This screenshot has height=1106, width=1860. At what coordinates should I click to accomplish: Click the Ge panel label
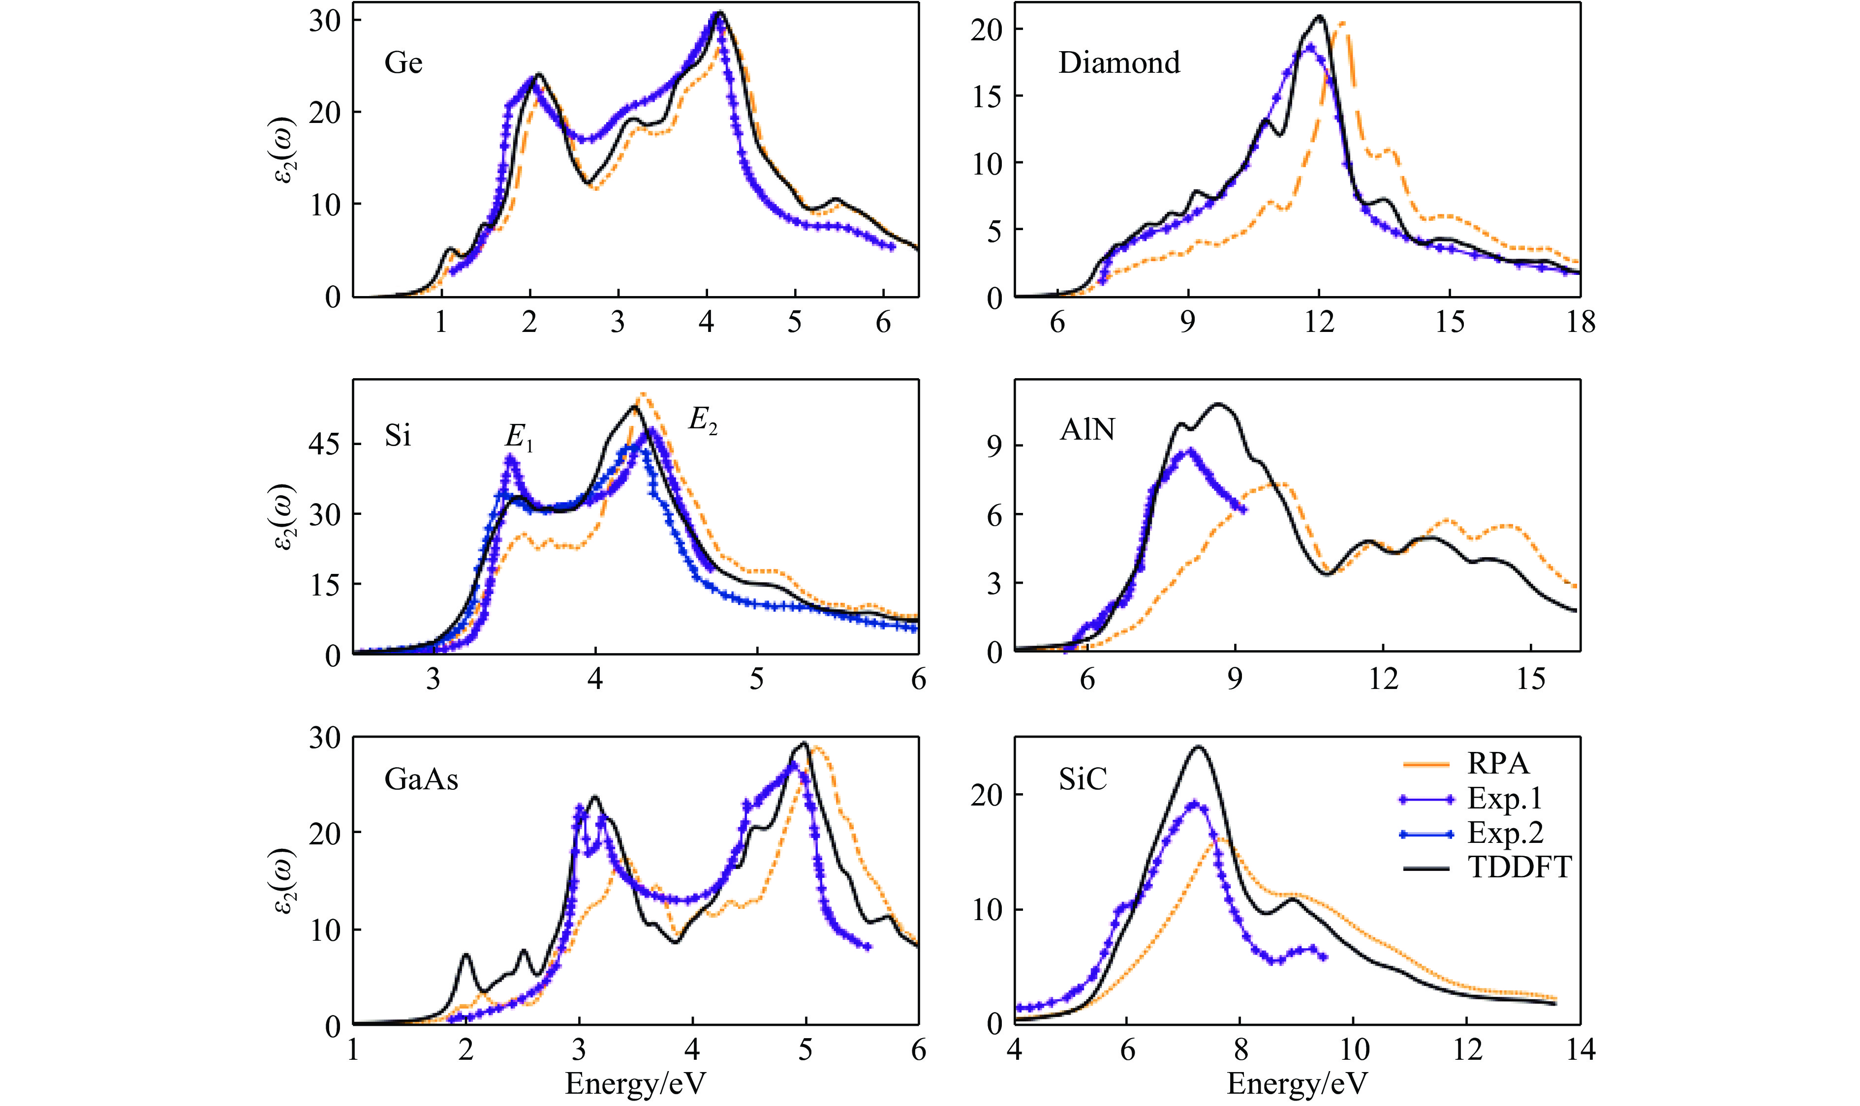[403, 62]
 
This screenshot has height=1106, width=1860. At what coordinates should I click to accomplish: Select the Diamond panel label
[1119, 62]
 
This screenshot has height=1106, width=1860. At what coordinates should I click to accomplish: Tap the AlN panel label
[1087, 430]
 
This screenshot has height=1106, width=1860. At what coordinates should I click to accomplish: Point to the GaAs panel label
[421, 779]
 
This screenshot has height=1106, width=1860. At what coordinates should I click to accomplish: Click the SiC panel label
[1083, 779]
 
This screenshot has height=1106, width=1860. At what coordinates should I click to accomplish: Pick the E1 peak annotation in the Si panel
[519, 441]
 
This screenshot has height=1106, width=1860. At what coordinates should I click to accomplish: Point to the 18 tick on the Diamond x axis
[1580, 322]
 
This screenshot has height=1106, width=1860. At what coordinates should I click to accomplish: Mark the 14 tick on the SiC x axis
[1580, 1049]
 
